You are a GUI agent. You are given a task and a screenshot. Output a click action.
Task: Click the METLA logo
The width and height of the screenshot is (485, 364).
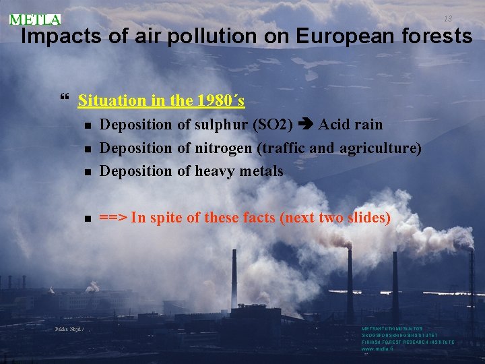tap(35, 20)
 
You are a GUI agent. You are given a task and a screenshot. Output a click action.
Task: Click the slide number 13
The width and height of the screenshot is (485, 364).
tap(447, 18)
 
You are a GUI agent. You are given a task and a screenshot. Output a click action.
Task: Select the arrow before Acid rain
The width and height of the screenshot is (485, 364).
tap(306, 125)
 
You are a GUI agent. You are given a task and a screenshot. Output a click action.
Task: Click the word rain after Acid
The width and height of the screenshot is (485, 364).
tap(368, 125)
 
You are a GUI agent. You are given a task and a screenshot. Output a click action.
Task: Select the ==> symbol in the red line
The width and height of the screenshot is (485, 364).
tap(113, 218)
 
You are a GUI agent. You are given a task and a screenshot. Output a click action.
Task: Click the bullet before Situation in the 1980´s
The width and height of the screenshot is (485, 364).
tap(65, 101)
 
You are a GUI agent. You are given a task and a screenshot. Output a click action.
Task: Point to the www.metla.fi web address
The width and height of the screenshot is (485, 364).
tap(379, 348)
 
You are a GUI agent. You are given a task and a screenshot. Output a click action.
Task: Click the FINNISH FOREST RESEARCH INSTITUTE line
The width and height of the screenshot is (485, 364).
tap(408, 342)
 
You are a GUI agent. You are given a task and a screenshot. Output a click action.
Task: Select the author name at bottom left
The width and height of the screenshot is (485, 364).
tap(69, 329)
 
